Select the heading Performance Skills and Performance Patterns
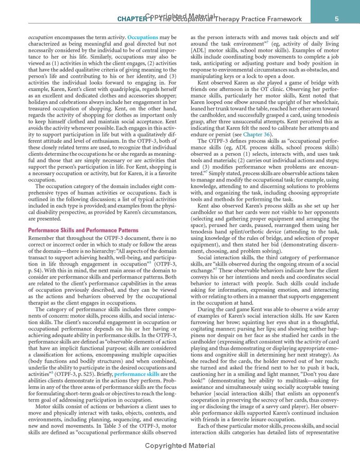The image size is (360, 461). point(83,230)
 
